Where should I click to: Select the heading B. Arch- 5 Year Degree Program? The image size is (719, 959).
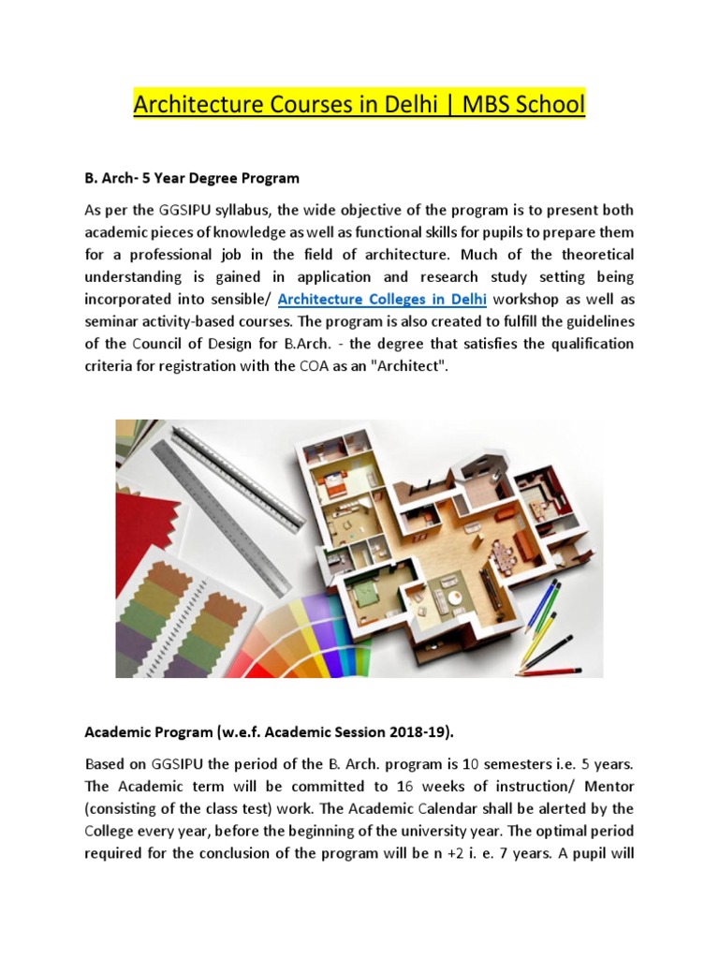point(204,178)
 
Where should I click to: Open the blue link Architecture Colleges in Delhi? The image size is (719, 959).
point(383,300)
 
